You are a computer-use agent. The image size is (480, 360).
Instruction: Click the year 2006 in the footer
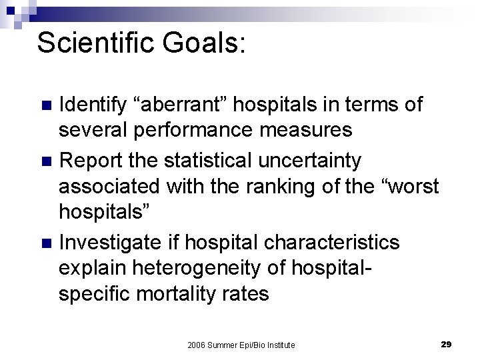(x=197, y=344)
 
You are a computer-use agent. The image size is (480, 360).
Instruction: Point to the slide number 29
(x=447, y=344)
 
